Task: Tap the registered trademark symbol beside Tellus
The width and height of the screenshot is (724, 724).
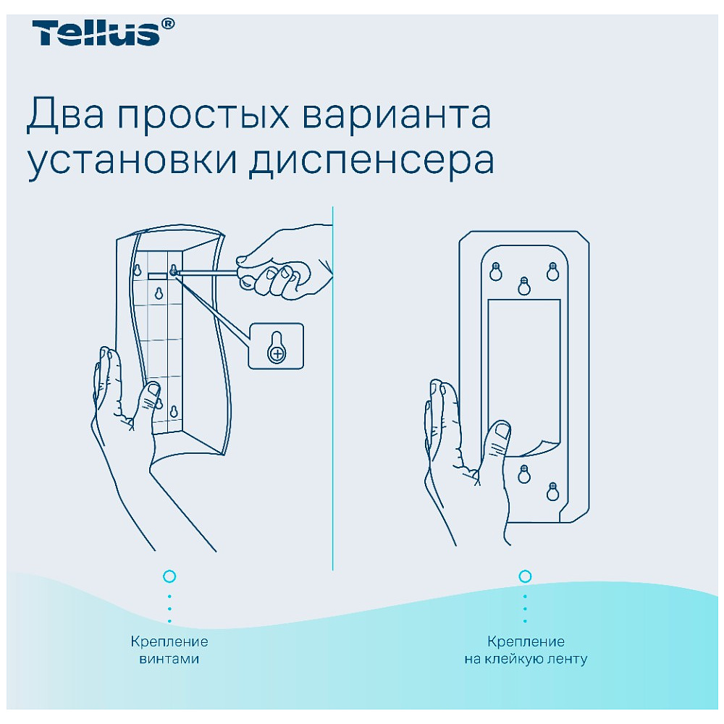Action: pos(168,25)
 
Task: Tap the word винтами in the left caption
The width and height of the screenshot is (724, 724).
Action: pos(169,660)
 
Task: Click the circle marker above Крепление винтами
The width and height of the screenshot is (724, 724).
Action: pos(169,576)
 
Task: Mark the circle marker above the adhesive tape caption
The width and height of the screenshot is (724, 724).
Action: pos(526,576)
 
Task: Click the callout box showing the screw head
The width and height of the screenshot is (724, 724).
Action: pos(276,345)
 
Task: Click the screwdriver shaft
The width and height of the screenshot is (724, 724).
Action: pos(210,273)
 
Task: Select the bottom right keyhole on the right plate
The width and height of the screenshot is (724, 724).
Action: pos(552,490)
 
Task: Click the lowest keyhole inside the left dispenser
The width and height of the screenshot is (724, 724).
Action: pos(173,412)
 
